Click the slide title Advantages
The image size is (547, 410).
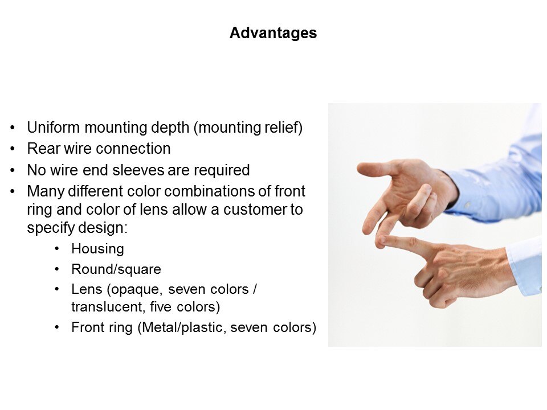click(273, 33)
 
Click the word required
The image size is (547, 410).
click(222, 170)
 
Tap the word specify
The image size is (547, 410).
click(50, 228)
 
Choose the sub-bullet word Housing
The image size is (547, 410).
click(97, 249)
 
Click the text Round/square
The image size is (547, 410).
click(116, 269)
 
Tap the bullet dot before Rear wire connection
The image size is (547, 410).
click(13, 149)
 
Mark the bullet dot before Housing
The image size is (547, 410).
click(57, 249)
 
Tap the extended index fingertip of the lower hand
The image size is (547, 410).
click(381, 240)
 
